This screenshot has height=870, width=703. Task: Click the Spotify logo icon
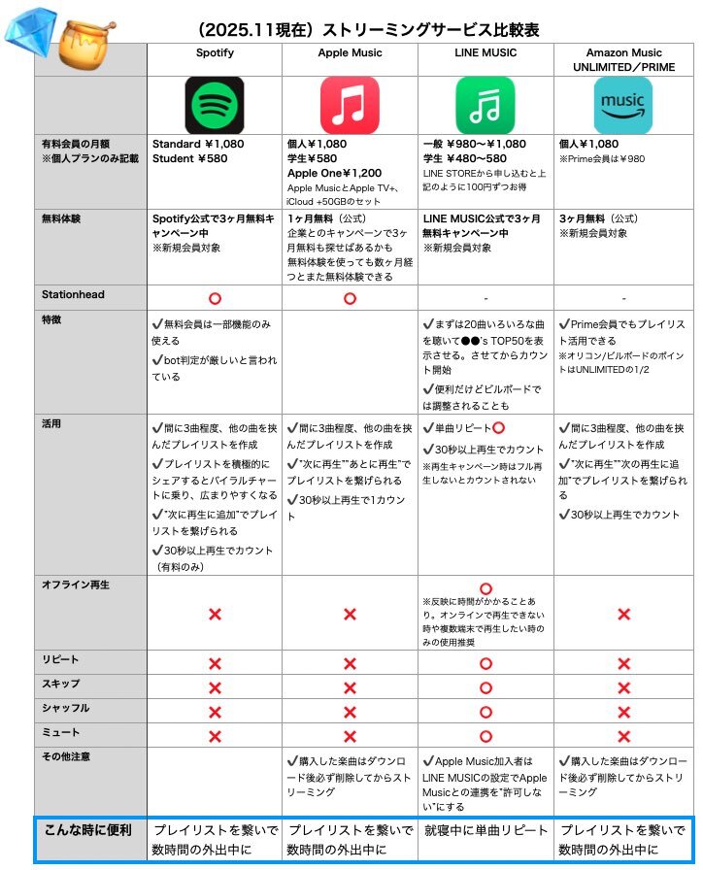[x=215, y=106]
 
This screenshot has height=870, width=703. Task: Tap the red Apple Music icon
[x=350, y=106]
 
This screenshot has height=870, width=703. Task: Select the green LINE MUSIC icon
[x=485, y=106]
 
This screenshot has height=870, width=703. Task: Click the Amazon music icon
[x=622, y=106]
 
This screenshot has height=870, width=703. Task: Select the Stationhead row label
[x=73, y=294]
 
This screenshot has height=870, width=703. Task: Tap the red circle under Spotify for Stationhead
[x=215, y=296]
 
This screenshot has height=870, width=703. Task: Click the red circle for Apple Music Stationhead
[x=350, y=296]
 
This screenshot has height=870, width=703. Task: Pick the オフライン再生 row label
[x=76, y=585]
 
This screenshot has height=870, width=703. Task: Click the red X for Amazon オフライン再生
[x=622, y=614]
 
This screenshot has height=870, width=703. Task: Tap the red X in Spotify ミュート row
[x=215, y=736]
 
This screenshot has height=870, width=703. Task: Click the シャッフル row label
[x=66, y=708]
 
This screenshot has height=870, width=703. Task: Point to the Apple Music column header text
[x=350, y=52]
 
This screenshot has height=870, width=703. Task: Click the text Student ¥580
[x=189, y=158]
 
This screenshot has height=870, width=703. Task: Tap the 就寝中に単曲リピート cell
[x=485, y=831]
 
